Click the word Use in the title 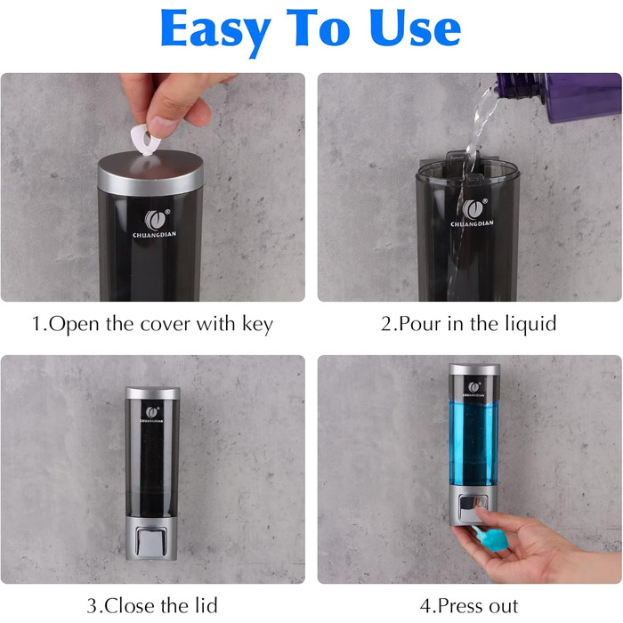click(416, 28)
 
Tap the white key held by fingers click(145, 140)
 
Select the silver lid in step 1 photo click(150, 173)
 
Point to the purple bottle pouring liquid click(558, 96)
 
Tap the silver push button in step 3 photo click(151, 541)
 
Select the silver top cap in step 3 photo click(152, 393)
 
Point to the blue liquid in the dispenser click(473, 443)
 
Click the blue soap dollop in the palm click(491, 538)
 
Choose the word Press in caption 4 click(460, 606)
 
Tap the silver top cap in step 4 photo click(474, 369)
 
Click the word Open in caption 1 click(74, 325)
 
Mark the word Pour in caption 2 click(420, 324)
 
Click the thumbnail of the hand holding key click(153, 187)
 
